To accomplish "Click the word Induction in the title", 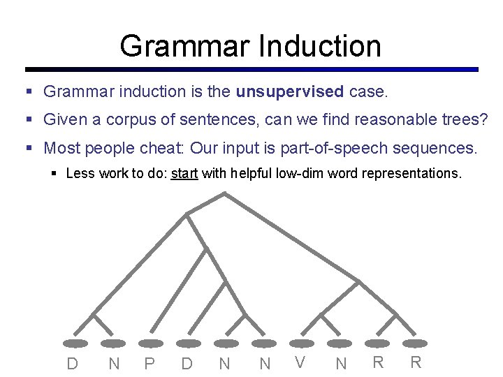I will (x=320, y=46).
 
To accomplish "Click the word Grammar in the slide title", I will (x=184, y=46).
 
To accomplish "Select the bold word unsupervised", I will (x=290, y=91).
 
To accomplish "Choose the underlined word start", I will (x=184, y=173).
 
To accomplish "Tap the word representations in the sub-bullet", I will (x=411, y=173).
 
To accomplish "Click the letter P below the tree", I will (x=148, y=363).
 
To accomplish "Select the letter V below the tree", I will (x=300, y=362).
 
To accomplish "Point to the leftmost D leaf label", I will (x=72, y=363).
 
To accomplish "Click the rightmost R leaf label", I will (x=416, y=362).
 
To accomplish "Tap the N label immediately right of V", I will (x=341, y=363).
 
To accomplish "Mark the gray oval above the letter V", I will (x=300, y=343).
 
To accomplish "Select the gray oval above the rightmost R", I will (x=415, y=343).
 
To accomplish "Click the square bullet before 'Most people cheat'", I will (x=29, y=149).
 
